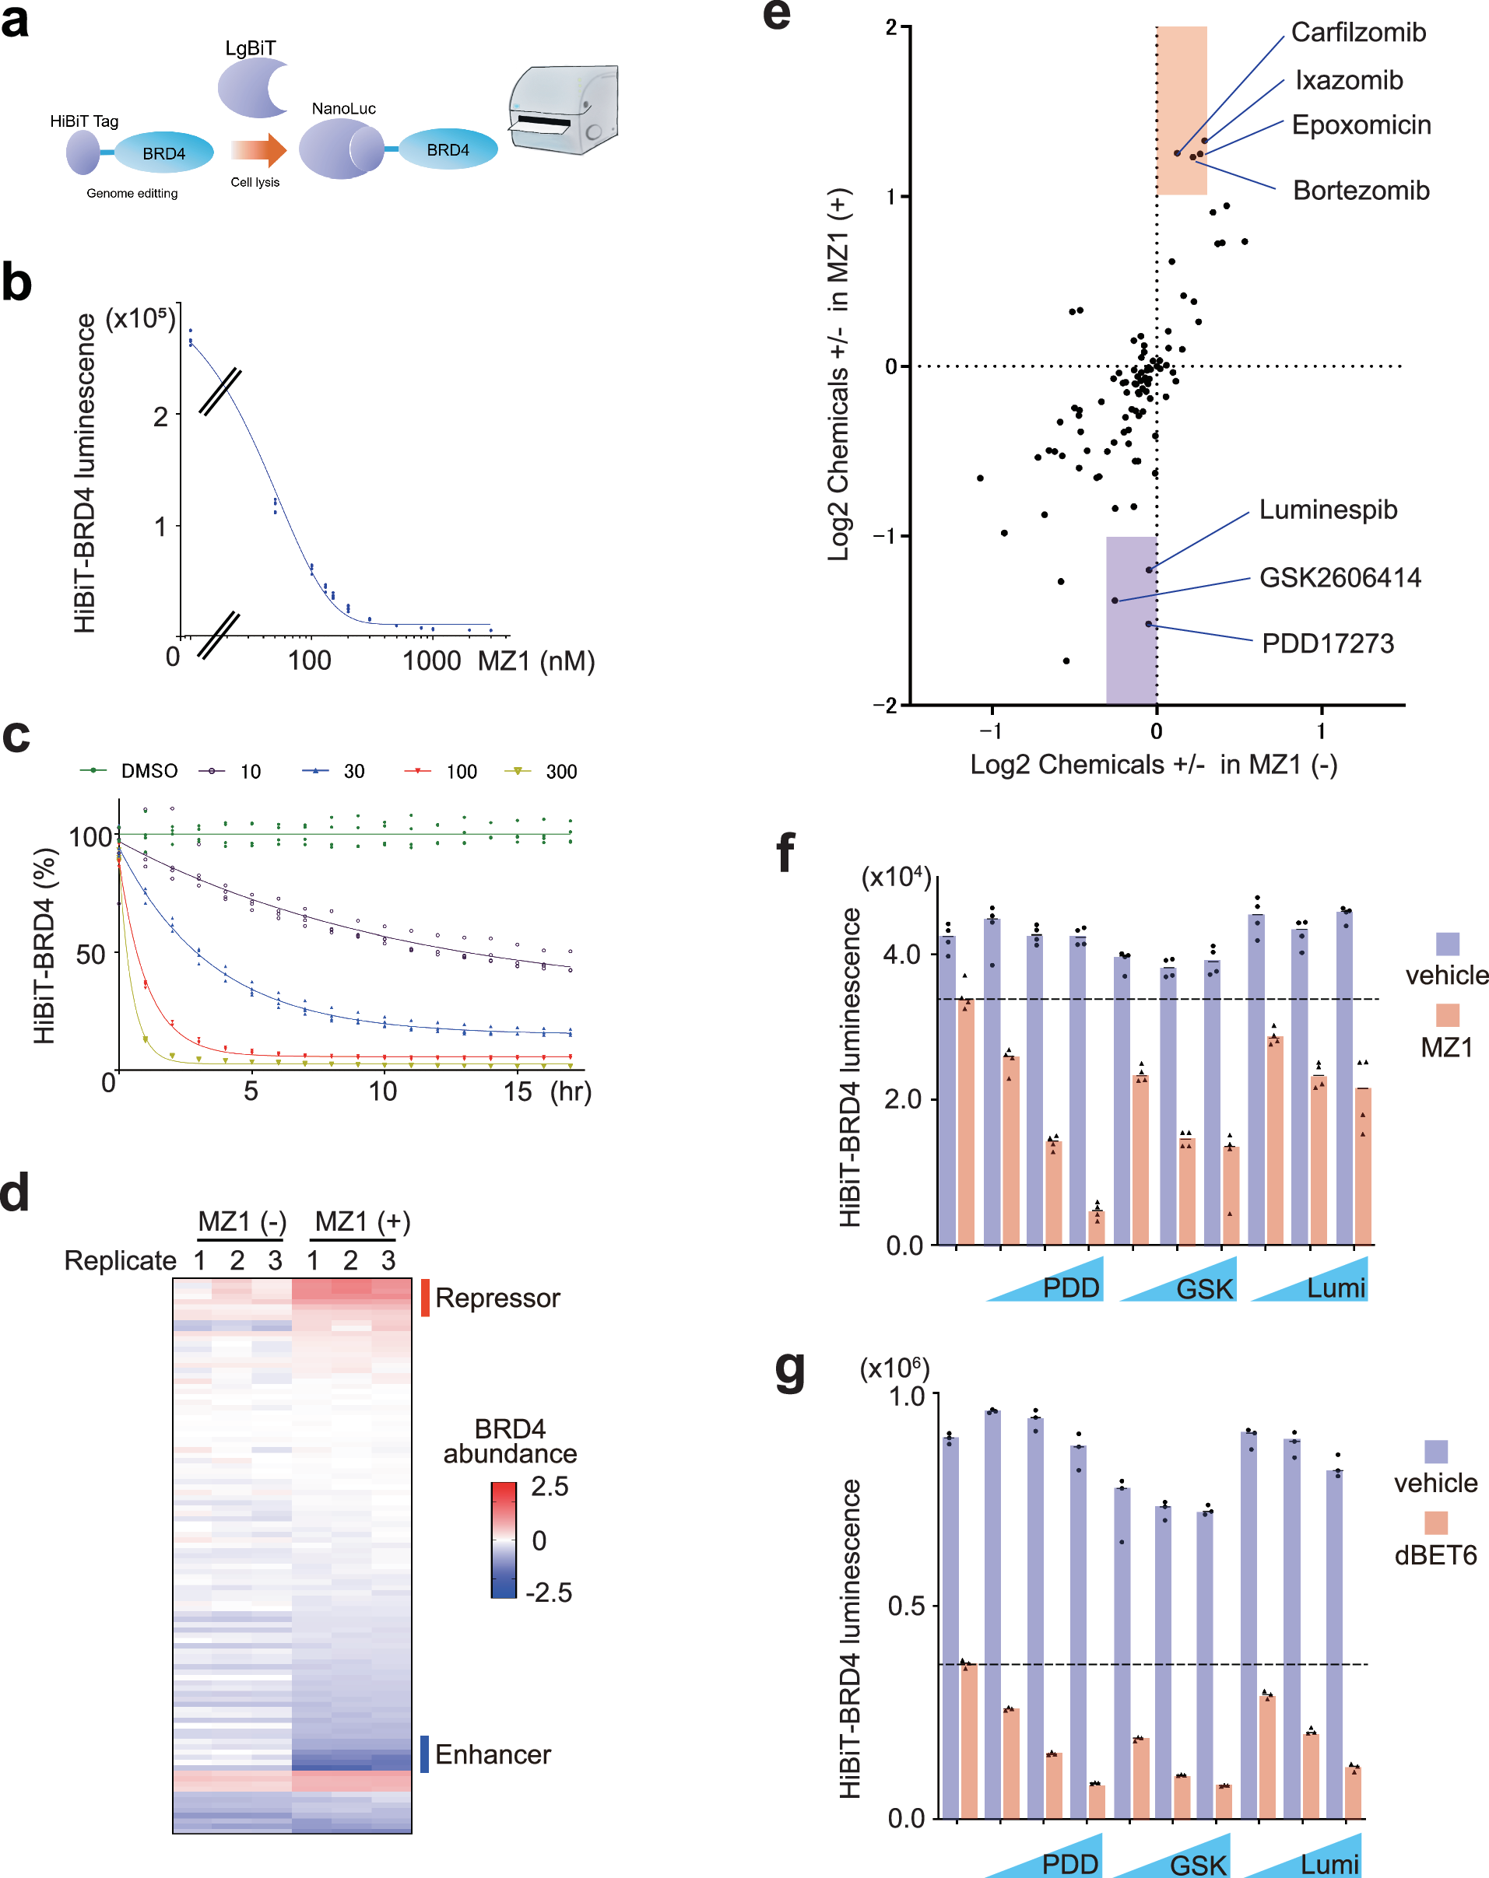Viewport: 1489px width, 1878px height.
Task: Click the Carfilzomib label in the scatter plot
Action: point(1357,33)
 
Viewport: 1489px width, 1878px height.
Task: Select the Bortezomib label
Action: point(1360,191)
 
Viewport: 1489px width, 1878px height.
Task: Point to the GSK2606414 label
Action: point(1339,577)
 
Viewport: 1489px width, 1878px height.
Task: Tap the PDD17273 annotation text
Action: point(1327,643)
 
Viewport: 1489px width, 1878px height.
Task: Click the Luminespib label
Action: point(1327,510)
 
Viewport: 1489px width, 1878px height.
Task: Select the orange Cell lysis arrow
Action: point(258,151)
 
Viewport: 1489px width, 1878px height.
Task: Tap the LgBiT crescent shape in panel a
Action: point(251,89)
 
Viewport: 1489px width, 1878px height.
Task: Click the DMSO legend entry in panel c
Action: point(148,771)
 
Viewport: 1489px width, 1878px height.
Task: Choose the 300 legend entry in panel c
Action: point(560,772)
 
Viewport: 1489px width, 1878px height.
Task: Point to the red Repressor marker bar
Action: point(425,1297)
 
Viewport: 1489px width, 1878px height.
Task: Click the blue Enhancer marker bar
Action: point(424,1754)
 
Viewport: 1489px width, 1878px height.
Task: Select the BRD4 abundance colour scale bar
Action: point(504,1539)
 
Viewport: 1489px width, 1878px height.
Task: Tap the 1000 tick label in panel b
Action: point(431,661)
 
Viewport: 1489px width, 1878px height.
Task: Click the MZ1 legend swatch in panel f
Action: point(1446,1014)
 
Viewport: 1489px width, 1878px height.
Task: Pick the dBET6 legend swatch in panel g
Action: point(1435,1522)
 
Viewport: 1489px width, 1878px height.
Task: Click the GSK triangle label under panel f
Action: point(1204,1288)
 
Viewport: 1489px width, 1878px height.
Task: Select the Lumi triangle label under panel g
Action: point(1329,1864)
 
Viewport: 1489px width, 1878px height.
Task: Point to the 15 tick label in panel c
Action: point(517,1091)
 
